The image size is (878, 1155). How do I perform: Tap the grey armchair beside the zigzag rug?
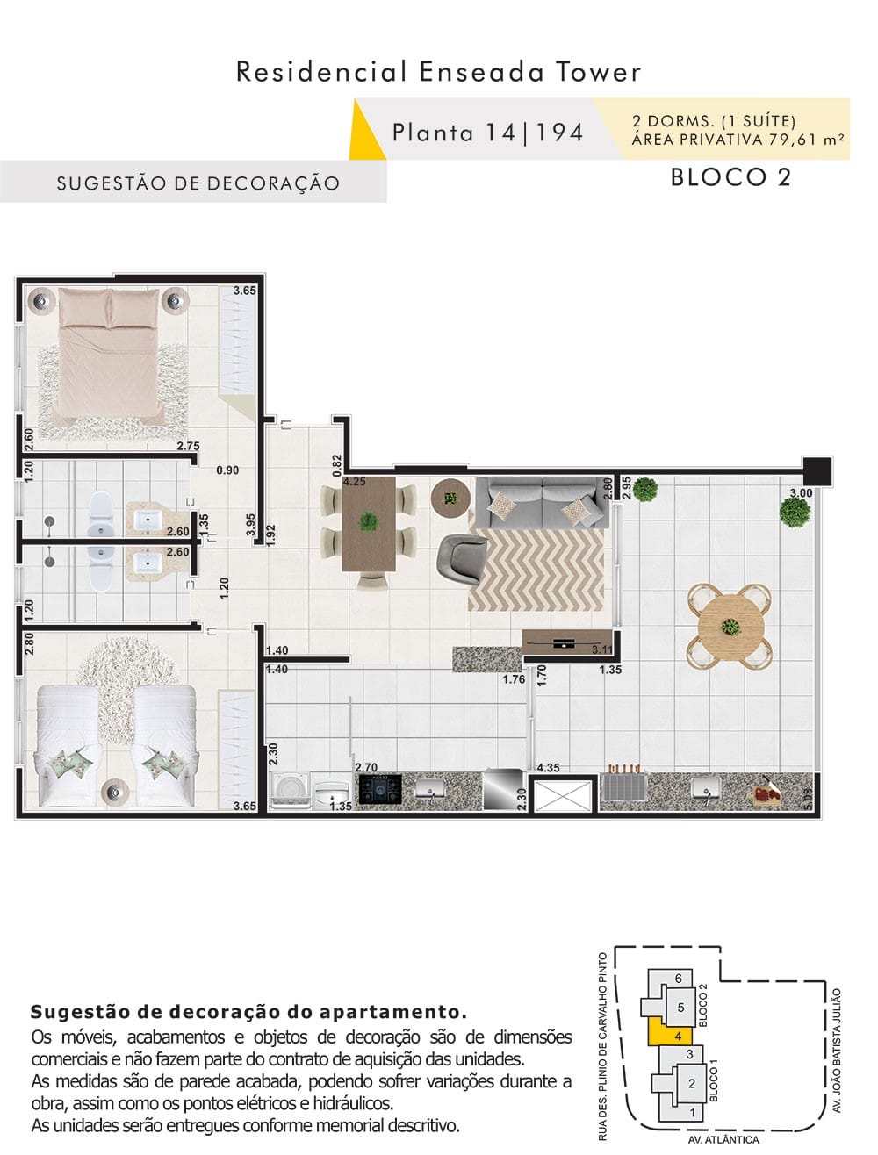pyautogui.click(x=461, y=557)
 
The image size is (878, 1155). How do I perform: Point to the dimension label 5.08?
pyautogui.click(x=809, y=799)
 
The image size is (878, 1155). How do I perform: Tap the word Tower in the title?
pyautogui.click(x=599, y=72)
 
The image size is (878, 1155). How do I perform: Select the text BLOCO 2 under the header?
pyautogui.click(x=730, y=176)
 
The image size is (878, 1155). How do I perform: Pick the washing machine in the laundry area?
pyautogui.click(x=289, y=791)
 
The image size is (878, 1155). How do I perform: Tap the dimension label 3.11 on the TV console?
pyautogui.click(x=601, y=649)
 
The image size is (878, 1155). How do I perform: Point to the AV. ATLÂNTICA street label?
pyautogui.click(x=723, y=1138)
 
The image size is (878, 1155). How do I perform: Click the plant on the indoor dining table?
pyautogui.click(x=368, y=522)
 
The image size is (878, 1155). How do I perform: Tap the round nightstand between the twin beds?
pyautogui.click(x=115, y=792)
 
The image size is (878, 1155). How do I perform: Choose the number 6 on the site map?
pyautogui.click(x=678, y=979)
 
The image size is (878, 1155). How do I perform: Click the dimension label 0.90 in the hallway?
pyautogui.click(x=227, y=470)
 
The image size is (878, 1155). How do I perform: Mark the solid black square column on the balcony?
pyautogui.click(x=817, y=471)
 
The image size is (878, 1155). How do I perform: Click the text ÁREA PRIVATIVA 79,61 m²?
pyautogui.click(x=738, y=140)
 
